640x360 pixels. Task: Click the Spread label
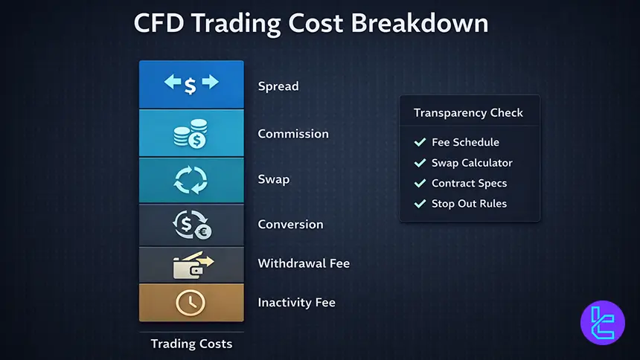coord(278,86)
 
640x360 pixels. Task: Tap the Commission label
coord(293,134)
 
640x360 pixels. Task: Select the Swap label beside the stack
coord(274,179)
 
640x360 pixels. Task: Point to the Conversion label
coord(290,224)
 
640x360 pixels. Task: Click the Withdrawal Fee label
coord(304,263)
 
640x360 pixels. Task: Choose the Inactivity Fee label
coord(296,303)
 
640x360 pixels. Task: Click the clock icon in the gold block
coord(191,303)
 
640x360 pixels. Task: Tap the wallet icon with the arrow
coord(191,265)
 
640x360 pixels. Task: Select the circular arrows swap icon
coord(191,179)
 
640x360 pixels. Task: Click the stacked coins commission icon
coord(191,135)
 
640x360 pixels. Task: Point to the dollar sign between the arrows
coord(191,86)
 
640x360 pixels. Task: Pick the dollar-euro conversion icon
coord(191,225)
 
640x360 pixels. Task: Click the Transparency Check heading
coord(468,113)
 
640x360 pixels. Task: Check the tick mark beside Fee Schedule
coord(420,142)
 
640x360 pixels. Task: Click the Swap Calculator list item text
coord(472,163)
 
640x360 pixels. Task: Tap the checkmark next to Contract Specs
coord(420,183)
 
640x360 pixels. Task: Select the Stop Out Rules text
coord(469,203)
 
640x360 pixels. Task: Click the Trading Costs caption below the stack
coord(191,344)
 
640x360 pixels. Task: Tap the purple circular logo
coord(602,323)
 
